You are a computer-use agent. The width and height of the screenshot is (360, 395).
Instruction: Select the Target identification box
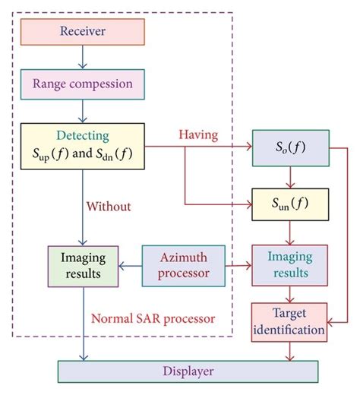289,322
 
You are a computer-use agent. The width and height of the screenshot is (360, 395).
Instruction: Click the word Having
200,134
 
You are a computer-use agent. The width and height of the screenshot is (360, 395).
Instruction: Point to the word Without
108,205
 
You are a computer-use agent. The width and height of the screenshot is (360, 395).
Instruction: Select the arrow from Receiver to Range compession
82,56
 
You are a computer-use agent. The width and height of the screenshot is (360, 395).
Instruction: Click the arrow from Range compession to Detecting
82,110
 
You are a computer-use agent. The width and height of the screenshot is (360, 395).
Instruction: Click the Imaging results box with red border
289,264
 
